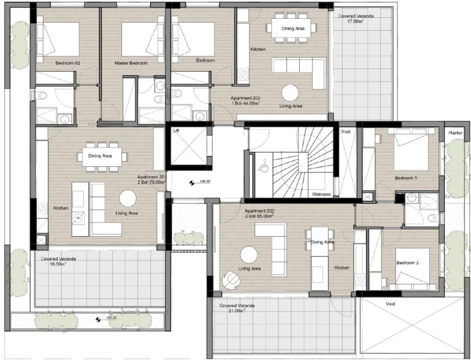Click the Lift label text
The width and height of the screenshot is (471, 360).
[177, 131]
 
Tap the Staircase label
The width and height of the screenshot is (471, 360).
[321, 194]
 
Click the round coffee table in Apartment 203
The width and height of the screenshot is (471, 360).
[290, 92]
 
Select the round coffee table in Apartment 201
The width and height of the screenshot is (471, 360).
[128, 198]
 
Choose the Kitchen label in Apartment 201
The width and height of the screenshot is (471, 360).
[60, 208]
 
